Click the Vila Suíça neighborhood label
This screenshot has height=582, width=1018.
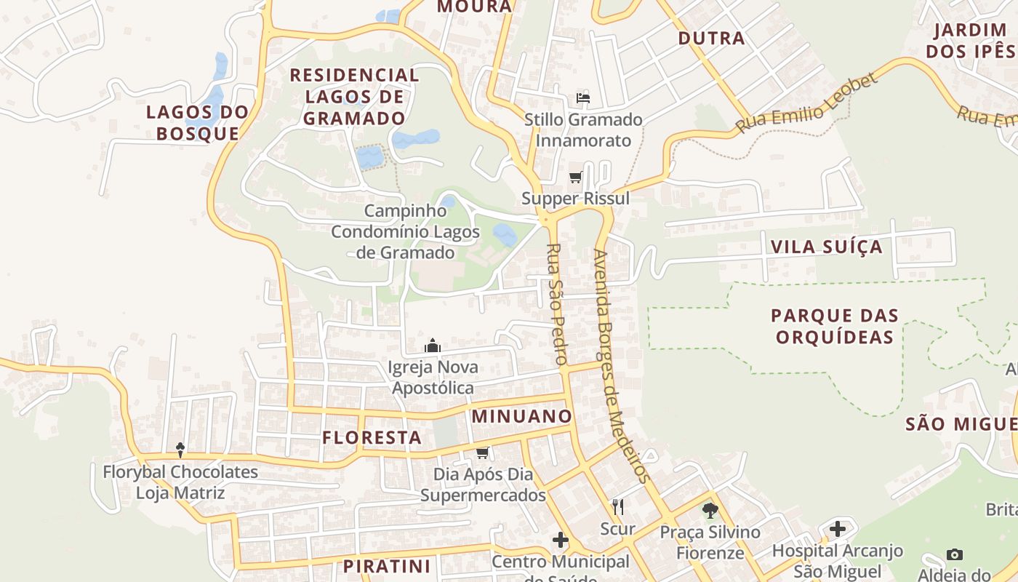(826, 247)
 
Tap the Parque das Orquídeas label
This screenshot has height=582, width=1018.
(835, 327)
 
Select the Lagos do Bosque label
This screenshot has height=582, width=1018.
(198, 123)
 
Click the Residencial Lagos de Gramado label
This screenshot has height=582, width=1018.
(355, 97)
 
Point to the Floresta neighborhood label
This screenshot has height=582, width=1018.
(372, 437)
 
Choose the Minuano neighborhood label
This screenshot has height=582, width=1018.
(521, 416)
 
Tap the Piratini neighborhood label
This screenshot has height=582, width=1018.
(387, 566)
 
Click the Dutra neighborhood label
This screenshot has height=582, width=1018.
(711, 38)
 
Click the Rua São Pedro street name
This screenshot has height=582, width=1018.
(556, 304)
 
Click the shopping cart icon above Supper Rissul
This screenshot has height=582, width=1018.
(576, 177)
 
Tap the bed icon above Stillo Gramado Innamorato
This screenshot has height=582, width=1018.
(583, 97)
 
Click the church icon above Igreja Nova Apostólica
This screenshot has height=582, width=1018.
(433, 346)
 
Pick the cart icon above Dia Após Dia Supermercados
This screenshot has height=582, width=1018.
(482, 453)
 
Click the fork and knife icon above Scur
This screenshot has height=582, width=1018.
(618, 507)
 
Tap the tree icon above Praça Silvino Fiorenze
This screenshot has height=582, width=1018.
(710, 511)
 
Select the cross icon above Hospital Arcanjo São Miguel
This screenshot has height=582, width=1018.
(838, 529)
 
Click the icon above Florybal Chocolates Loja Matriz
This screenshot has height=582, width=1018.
(180, 450)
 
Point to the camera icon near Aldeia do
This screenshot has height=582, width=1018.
(955, 554)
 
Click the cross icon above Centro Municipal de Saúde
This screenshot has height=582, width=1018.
(560, 540)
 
